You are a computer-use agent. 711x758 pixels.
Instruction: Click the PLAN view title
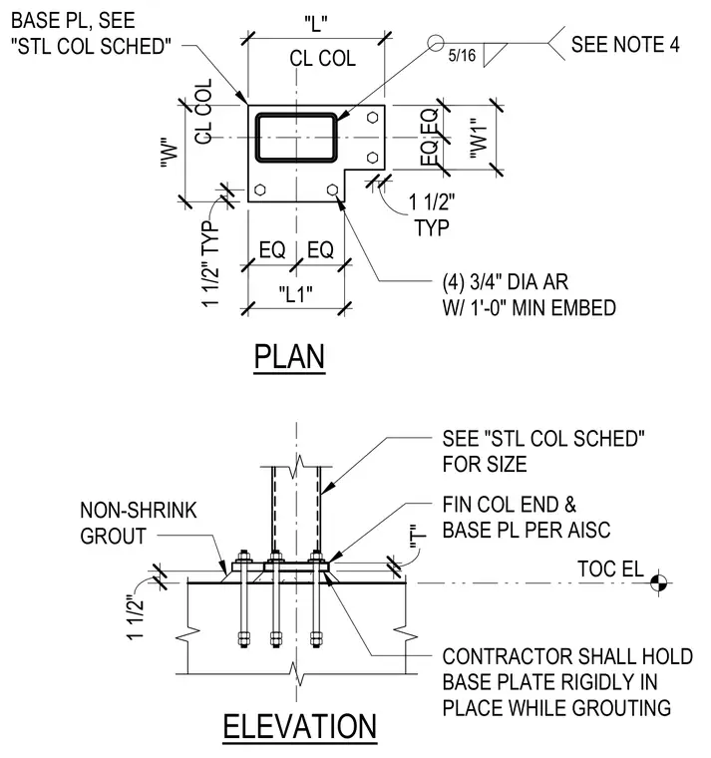click(x=289, y=357)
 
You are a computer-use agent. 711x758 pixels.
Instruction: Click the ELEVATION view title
click(x=300, y=726)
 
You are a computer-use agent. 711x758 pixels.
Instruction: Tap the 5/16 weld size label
click(x=462, y=55)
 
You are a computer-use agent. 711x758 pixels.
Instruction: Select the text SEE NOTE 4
click(x=625, y=45)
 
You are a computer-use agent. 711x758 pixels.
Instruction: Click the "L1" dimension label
click(x=295, y=293)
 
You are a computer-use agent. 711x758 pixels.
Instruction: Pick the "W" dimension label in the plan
click(x=170, y=154)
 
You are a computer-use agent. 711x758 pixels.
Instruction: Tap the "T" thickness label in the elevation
click(x=418, y=538)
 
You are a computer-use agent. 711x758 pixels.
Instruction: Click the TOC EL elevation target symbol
click(x=658, y=583)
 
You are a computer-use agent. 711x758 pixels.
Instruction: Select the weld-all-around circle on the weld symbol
click(x=436, y=43)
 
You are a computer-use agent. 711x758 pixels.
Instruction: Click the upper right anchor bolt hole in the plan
click(x=372, y=118)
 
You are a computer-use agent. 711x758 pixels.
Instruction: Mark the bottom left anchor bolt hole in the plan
click(x=260, y=189)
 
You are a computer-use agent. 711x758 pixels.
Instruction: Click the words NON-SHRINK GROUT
click(x=139, y=523)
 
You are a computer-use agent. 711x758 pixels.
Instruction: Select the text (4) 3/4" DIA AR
click(x=506, y=282)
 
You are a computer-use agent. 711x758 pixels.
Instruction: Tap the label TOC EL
click(x=610, y=568)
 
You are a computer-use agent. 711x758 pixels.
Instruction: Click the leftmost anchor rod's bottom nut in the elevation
click(x=243, y=639)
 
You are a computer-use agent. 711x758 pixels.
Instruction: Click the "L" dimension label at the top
click(x=316, y=23)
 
